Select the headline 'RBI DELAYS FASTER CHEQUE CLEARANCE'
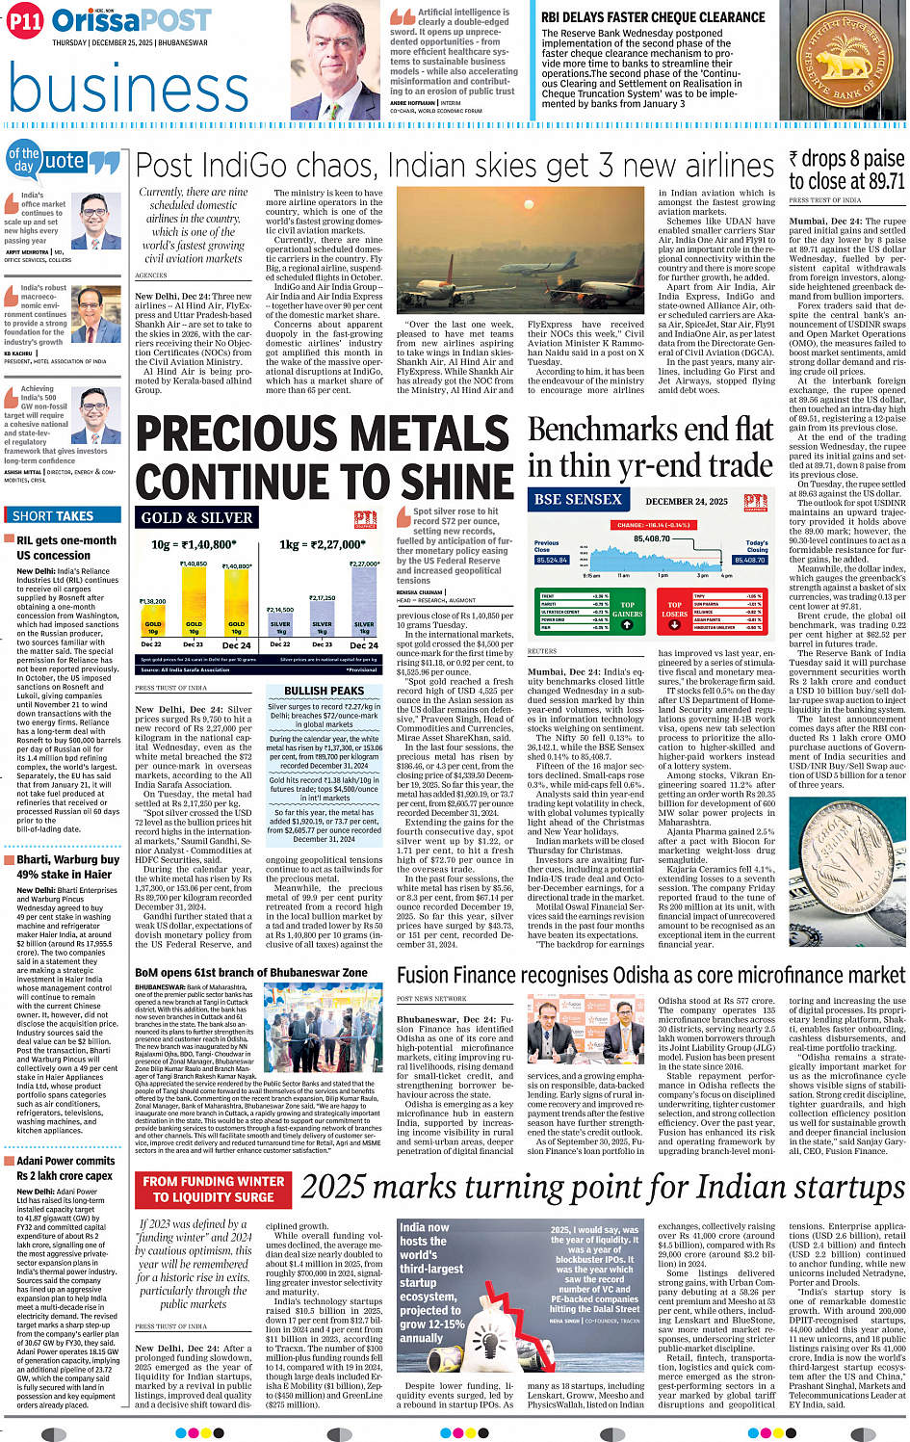[x=653, y=17]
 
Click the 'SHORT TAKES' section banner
[x=53, y=516]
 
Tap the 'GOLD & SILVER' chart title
[x=197, y=518]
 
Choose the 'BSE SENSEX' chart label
[x=578, y=500]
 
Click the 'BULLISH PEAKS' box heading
[x=324, y=691]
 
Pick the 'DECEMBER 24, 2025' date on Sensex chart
[x=687, y=502]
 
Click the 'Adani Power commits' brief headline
[x=65, y=1161]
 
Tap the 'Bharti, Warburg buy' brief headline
[x=67, y=860]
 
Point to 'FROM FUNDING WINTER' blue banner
[x=214, y=1181]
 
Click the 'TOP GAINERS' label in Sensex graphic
[x=627, y=611]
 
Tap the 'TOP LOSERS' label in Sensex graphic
[x=674, y=611]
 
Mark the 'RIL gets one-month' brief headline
[x=66, y=541]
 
